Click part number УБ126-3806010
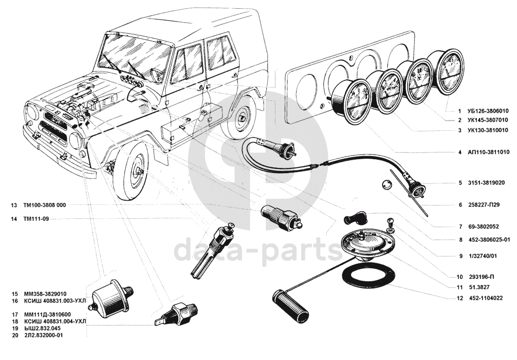point(488,111)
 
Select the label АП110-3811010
point(488,152)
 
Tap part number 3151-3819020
point(487,183)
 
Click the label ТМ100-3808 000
point(45,205)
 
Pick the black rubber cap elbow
point(352,218)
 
